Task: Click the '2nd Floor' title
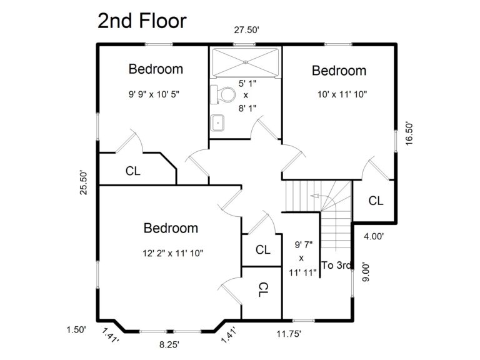coord(141,21)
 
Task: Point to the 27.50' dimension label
coord(246,30)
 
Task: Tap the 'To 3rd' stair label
coord(337,265)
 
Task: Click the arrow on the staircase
coord(316,197)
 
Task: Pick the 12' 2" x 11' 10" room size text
coord(172,253)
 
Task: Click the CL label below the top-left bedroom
coord(132,170)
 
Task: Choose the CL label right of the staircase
coord(375,201)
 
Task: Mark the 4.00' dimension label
coord(373,236)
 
